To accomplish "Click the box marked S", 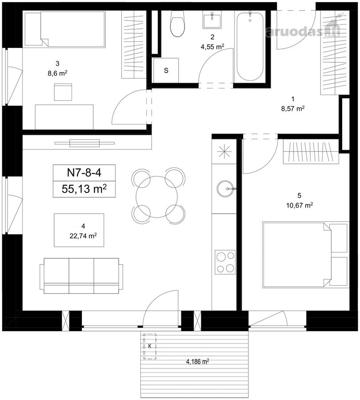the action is [x=166, y=70].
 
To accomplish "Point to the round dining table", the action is [x=156, y=197].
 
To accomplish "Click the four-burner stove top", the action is [x=225, y=262].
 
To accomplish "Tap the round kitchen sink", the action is [x=225, y=189].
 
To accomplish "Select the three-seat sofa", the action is [x=81, y=276].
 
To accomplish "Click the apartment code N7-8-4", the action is [x=84, y=173].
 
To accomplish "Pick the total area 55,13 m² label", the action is [x=84, y=189].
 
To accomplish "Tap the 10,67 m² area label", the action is [x=300, y=205].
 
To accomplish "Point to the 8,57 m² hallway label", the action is [x=293, y=109].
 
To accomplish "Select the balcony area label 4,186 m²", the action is [x=197, y=361].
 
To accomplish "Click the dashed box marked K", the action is [x=150, y=346].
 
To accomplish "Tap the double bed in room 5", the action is [x=305, y=255].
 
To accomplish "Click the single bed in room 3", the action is [x=65, y=29].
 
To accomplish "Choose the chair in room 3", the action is [x=63, y=92].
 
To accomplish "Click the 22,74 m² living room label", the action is [x=83, y=236].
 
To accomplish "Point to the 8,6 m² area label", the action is [x=57, y=73].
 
